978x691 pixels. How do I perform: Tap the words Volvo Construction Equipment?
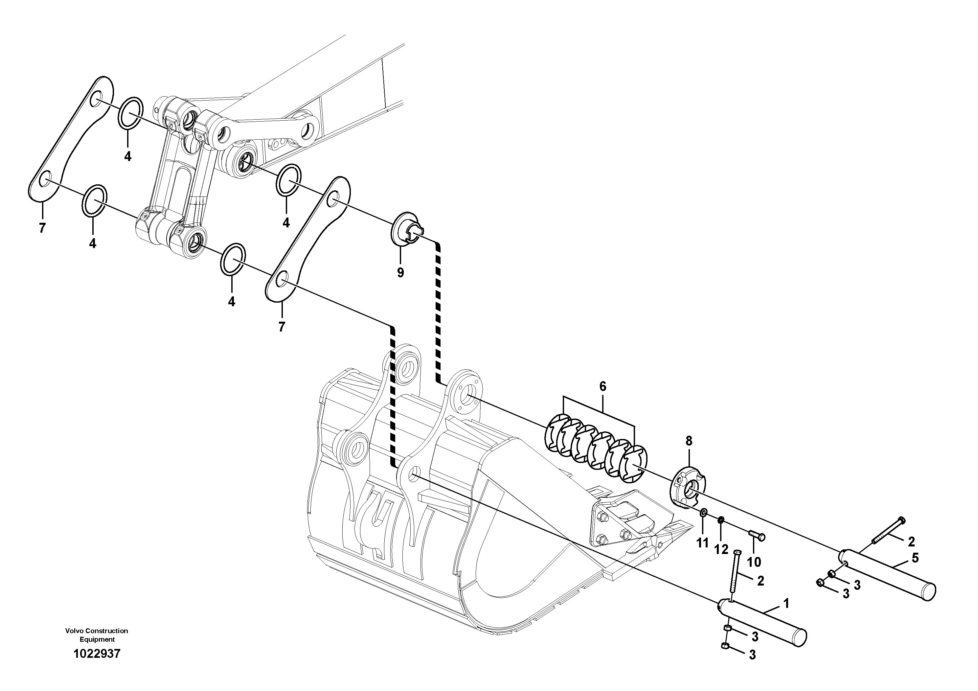(97, 635)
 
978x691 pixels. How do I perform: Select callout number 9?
(400, 273)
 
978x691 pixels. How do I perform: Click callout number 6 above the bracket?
(602, 386)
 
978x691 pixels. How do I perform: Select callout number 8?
(689, 441)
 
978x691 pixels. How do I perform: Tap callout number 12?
(721, 550)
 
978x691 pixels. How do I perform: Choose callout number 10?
(754, 562)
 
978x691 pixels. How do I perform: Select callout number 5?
(915, 558)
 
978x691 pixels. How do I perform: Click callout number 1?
(786, 603)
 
